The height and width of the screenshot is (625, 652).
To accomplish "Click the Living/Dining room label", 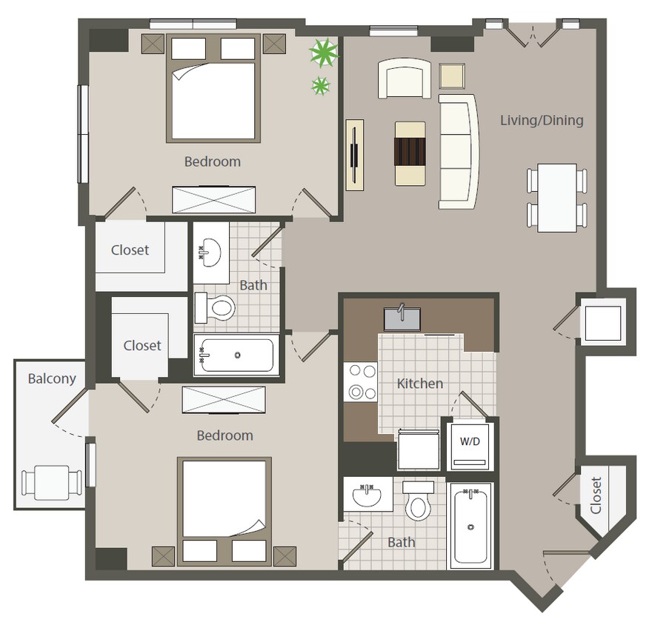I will (x=542, y=120).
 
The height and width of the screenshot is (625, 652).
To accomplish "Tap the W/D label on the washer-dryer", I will (x=470, y=442).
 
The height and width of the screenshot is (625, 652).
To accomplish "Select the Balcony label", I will (x=52, y=378).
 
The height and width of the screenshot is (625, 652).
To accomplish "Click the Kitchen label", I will (x=420, y=384).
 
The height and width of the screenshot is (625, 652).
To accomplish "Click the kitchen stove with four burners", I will (x=360, y=382).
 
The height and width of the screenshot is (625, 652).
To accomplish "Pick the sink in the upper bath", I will (x=210, y=253).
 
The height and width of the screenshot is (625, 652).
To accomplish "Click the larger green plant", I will (x=324, y=53).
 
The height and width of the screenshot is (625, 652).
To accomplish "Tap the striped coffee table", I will (x=410, y=153).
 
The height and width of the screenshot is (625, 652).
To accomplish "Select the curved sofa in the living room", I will (x=458, y=150).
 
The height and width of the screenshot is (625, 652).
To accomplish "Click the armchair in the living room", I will (x=405, y=79).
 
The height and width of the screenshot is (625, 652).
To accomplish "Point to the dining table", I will (x=557, y=198).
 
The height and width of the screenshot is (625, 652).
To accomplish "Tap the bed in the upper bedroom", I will (x=213, y=89).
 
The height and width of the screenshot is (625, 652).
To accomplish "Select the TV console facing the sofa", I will (x=355, y=155).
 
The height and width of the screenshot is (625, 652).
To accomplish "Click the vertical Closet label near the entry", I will (x=596, y=495).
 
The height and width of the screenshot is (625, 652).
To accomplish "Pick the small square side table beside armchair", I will (x=451, y=76).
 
